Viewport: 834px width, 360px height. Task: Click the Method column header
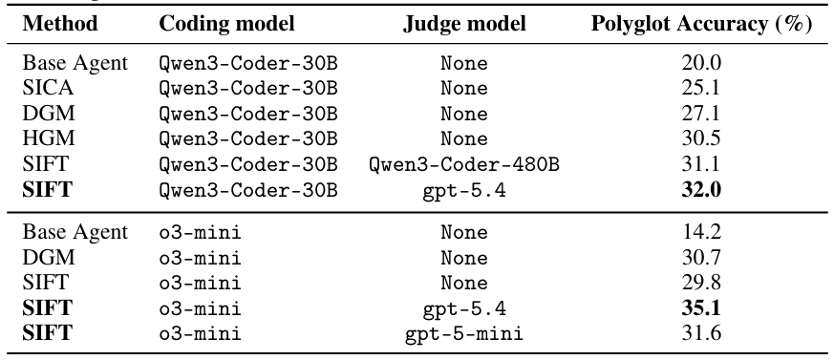tap(60, 24)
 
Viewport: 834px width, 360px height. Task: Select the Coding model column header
tap(226, 24)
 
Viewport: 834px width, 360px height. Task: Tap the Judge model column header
tap(463, 24)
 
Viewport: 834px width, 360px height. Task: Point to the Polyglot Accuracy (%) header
tap(701, 24)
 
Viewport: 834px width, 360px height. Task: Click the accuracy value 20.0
tap(701, 63)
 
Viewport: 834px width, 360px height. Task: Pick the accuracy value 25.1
tap(701, 88)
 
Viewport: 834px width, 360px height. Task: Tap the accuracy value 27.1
tap(701, 114)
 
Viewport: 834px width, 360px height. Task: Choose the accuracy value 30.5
tap(701, 138)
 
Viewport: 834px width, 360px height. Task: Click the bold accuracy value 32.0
tap(701, 190)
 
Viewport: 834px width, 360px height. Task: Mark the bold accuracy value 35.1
tap(701, 308)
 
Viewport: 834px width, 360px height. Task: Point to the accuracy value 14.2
tap(701, 232)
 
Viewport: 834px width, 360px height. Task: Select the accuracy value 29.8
tap(701, 283)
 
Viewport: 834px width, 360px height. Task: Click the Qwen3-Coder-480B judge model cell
tap(463, 165)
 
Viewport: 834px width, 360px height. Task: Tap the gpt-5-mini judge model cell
tap(463, 334)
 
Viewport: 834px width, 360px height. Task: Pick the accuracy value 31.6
tap(701, 333)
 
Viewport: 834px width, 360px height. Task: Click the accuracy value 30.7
tap(701, 258)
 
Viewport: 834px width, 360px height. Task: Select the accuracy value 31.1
tap(701, 164)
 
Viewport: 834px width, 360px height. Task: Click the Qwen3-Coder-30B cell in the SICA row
tap(248, 88)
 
